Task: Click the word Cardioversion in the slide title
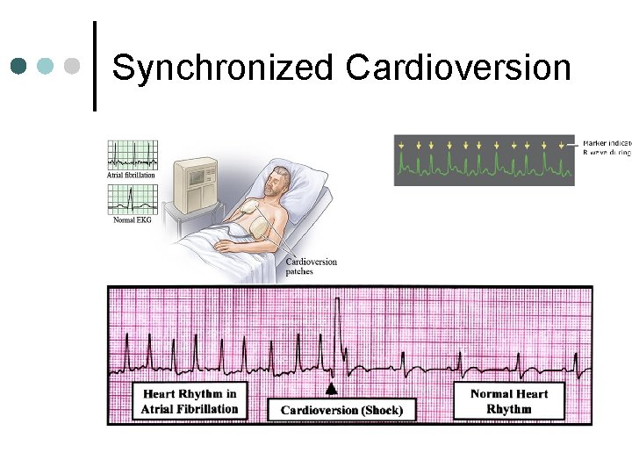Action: point(458,68)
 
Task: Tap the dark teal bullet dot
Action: point(20,66)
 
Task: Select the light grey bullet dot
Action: point(74,66)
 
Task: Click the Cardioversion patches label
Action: point(311,267)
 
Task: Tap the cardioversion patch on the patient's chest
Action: point(248,213)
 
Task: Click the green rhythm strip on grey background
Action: point(484,159)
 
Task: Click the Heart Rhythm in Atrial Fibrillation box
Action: point(190,400)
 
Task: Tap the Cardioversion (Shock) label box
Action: point(341,410)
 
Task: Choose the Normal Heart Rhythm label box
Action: point(509,401)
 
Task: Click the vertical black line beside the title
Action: point(95,66)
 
